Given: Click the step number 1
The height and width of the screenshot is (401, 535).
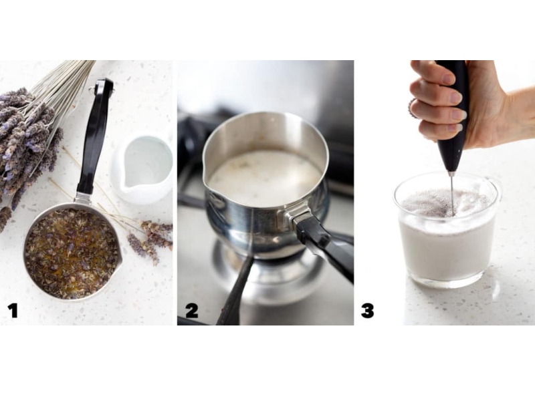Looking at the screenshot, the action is pos(13,311).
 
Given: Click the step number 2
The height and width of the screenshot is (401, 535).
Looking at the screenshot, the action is pos(192,311).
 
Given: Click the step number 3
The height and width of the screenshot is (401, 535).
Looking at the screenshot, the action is pos(367,311).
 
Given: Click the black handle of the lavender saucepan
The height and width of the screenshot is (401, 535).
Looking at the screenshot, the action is pos(94,136).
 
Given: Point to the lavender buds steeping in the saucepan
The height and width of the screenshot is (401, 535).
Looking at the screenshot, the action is pos(71,253).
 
